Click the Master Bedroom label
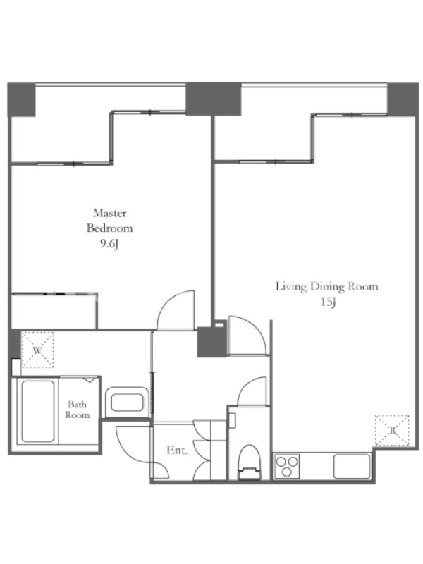pyautogui.click(x=110, y=221)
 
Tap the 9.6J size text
pyautogui.click(x=109, y=244)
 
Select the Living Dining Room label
pyautogui.click(x=327, y=287)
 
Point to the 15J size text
pyautogui.click(x=328, y=302)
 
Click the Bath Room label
pyautogui.click(x=78, y=410)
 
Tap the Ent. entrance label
pyautogui.click(x=177, y=450)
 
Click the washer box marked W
pyautogui.click(x=38, y=350)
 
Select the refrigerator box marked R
pyautogui.click(x=392, y=431)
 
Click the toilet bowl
pyautogui.click(x=250, y=462)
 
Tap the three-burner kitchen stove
pyautogui.click(x=287, y=467)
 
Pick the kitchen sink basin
pyautogui.click(x=352, y=467)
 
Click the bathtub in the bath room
pyautogui.click(x=38, y=411)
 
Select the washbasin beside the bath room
pyautogui.click(x=127, y=402)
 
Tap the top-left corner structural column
pyautogui.click(x=22, y=99)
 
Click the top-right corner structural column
pyautogui.click(x=403, y=99)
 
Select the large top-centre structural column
pyautogui.click(x=214, y=99)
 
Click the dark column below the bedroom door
pyautogui.click(x=211, y=342)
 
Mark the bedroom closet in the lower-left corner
pyautogui.click(x=54, y=311)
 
